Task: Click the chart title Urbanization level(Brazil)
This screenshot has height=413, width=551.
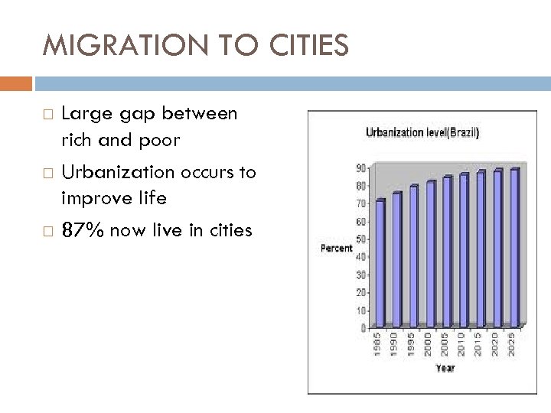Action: click(x=422, y=133)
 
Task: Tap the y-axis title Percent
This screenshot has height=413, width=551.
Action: click(x=336, y=248)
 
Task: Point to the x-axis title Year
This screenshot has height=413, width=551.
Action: click(x=445, y=368)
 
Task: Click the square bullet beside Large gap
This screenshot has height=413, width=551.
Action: click(x=48, y=115)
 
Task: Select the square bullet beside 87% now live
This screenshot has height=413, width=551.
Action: click(x=48, y=230)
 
